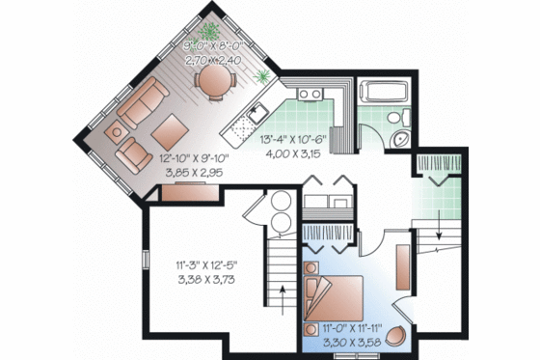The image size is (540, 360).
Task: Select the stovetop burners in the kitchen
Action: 309,95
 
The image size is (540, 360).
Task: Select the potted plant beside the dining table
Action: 261,74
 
